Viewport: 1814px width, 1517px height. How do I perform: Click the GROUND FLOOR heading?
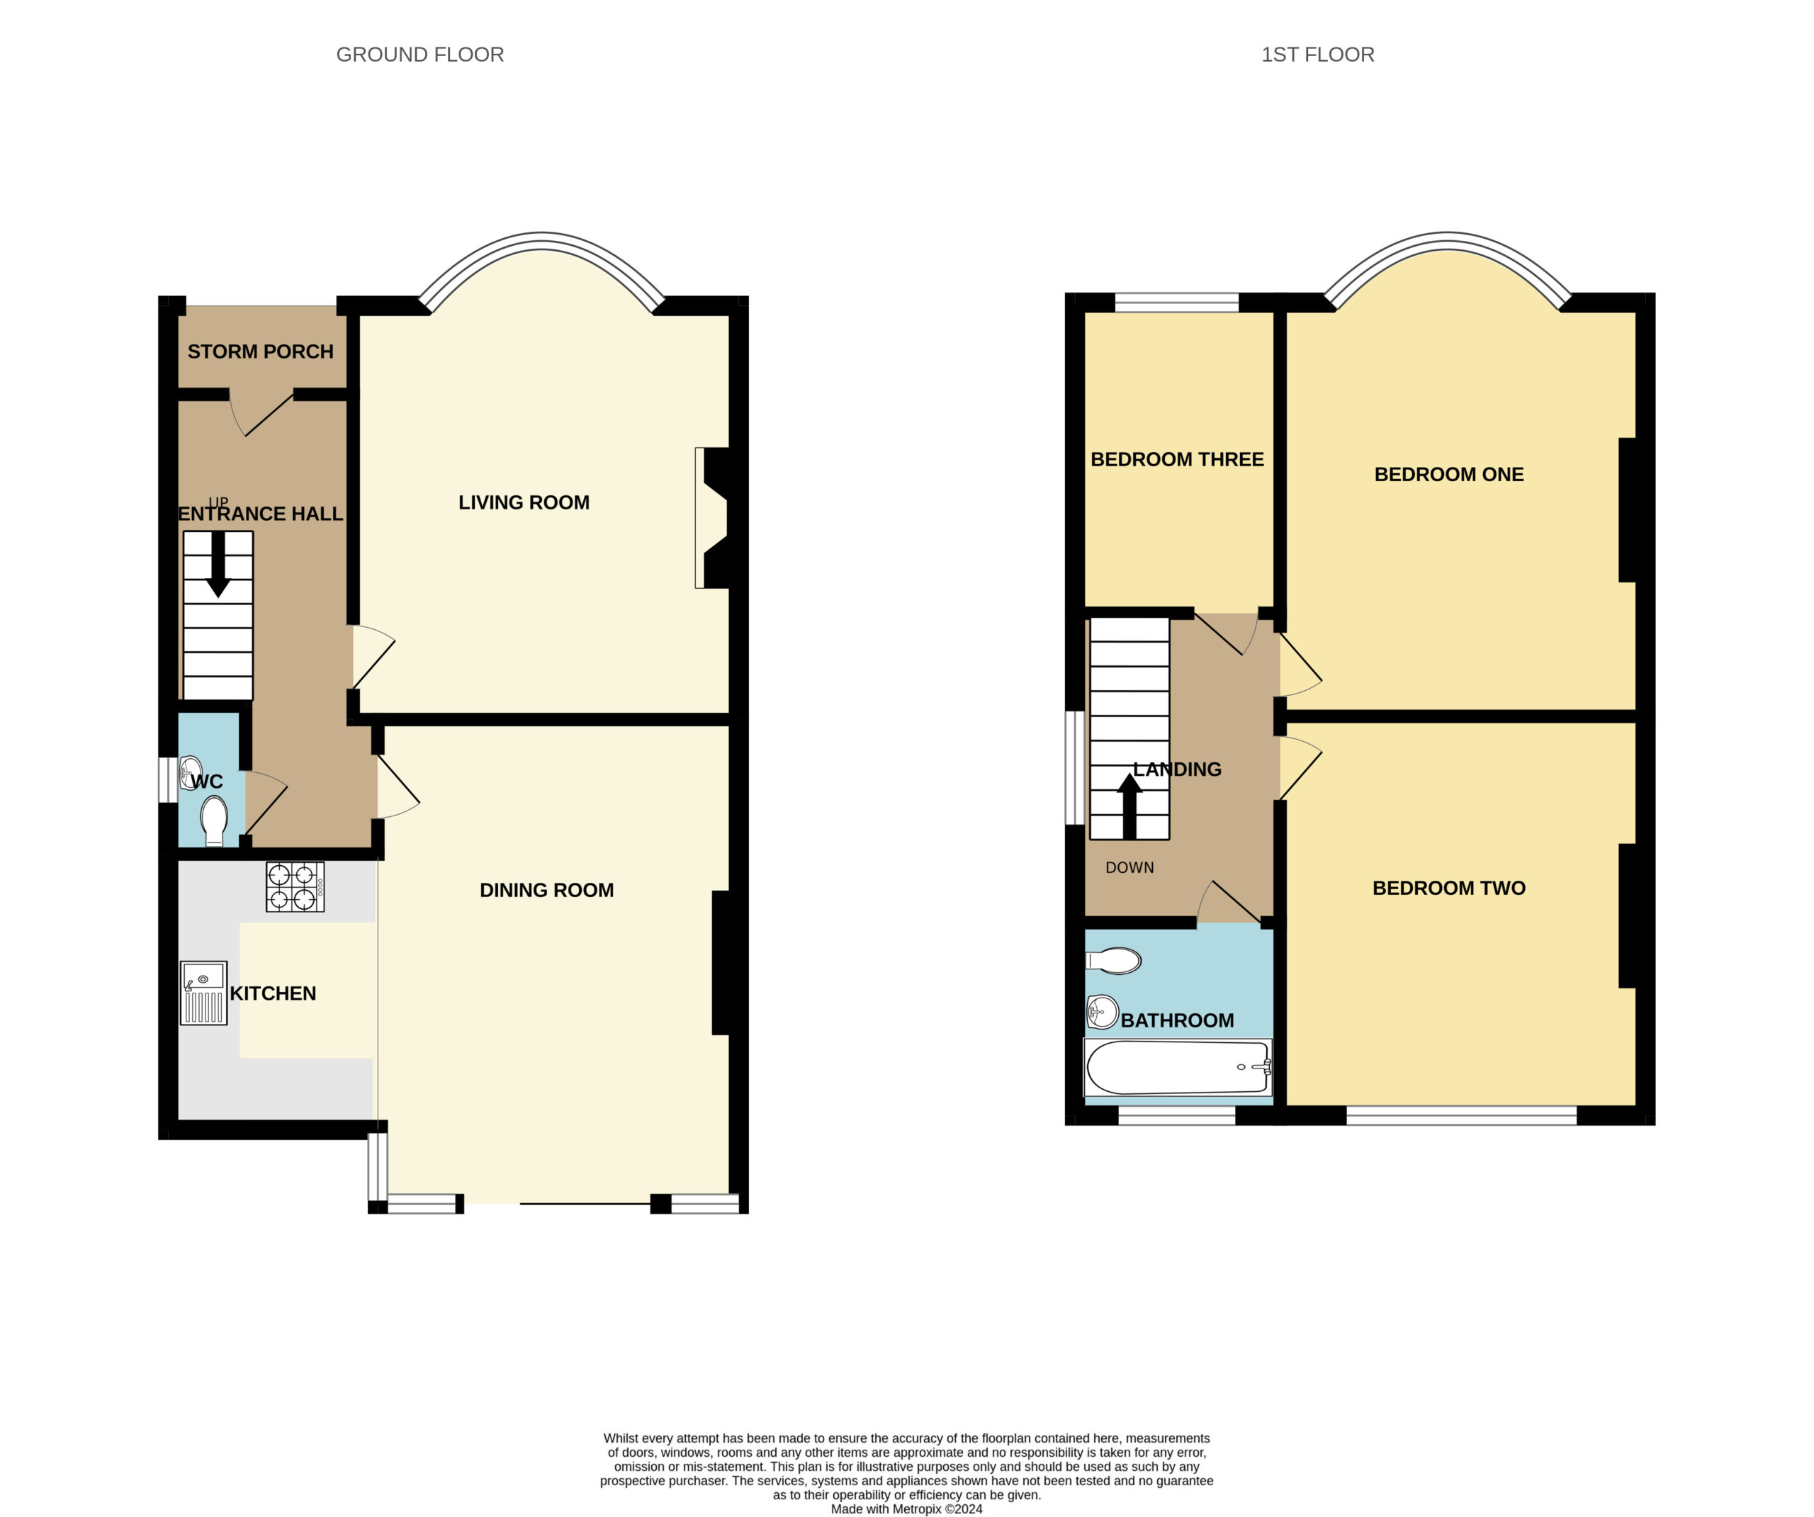click(419, 55)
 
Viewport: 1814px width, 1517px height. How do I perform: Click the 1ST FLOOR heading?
click(1317, 55)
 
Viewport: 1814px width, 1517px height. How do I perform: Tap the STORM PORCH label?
click(260, 351)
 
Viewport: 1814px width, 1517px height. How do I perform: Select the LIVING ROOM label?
click(524, 502)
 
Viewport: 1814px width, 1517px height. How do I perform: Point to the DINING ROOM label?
click(547, 890)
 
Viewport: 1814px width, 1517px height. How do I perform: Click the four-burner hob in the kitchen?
click(295, 886)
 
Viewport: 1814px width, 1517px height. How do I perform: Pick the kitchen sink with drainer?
click(204, 993)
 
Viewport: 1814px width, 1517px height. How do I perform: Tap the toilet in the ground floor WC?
click(214, 820)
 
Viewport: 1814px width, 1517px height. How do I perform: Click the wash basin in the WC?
click(190, 772)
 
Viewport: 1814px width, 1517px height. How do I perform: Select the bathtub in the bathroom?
click(1178, 1067)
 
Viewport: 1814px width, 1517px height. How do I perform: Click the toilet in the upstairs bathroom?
click(1113, 961)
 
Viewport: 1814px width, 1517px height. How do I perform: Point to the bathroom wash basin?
click(1103, 1012)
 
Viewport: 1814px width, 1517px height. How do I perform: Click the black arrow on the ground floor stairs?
click(218, 563)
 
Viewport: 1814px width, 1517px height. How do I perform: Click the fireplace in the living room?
click(714, 517)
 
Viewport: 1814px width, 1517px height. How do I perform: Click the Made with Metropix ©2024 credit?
click(907, 1509)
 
